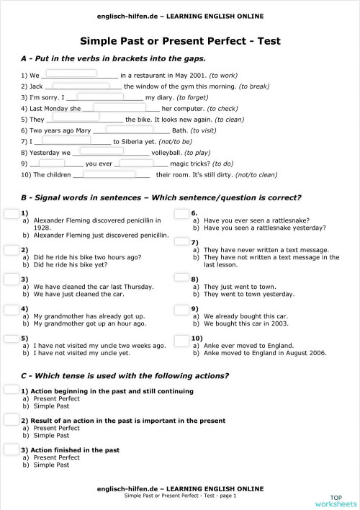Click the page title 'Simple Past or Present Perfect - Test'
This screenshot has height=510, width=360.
pos(180,41)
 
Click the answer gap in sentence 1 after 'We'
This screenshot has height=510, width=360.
pos(71,73)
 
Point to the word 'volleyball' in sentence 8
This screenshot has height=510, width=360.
pos(166,153)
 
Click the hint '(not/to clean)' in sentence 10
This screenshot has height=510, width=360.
pos(256,174)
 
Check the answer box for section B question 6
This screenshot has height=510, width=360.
pos(182,214)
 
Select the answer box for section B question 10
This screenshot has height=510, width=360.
pos(182,339)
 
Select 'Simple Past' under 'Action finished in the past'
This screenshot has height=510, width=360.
pos(51,465)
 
